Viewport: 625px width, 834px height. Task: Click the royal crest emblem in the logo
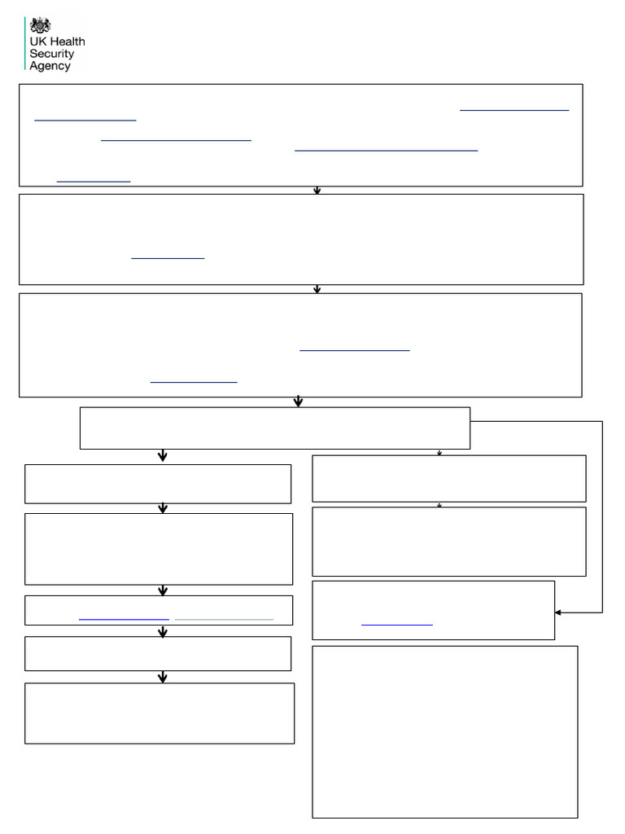[x=40, y=25]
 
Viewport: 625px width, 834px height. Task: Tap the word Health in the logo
[x=68, y=42]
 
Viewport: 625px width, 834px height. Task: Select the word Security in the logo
[x=51, y=54]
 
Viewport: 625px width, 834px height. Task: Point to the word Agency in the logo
[x=50, y=66]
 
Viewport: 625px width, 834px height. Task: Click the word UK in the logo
[x=38, y=42]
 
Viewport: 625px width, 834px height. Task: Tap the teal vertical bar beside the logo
[x=25, y=43]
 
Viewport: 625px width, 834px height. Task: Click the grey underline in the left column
[x=225, y=620]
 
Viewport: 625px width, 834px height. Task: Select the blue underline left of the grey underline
[x=124, y=620]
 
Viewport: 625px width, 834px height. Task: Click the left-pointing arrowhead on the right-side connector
[x=558, y=612]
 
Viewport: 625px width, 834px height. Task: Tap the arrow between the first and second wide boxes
[x=317, y=191]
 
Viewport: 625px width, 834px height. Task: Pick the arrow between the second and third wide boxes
[x=317, y=289]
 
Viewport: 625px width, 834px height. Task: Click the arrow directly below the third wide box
[x=298, y=402]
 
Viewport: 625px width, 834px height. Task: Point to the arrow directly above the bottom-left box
[x=163, y=677]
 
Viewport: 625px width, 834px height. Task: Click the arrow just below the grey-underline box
[x=163, y=631]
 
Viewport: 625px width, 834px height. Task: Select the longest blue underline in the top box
[x=387, y=151]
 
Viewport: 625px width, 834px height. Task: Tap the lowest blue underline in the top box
[x=94, y=182]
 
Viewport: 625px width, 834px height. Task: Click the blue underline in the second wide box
[x=168, y=258]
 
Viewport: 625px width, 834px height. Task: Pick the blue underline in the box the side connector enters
[x=397, y=625]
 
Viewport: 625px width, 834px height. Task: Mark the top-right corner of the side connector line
[x=602, y=422]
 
